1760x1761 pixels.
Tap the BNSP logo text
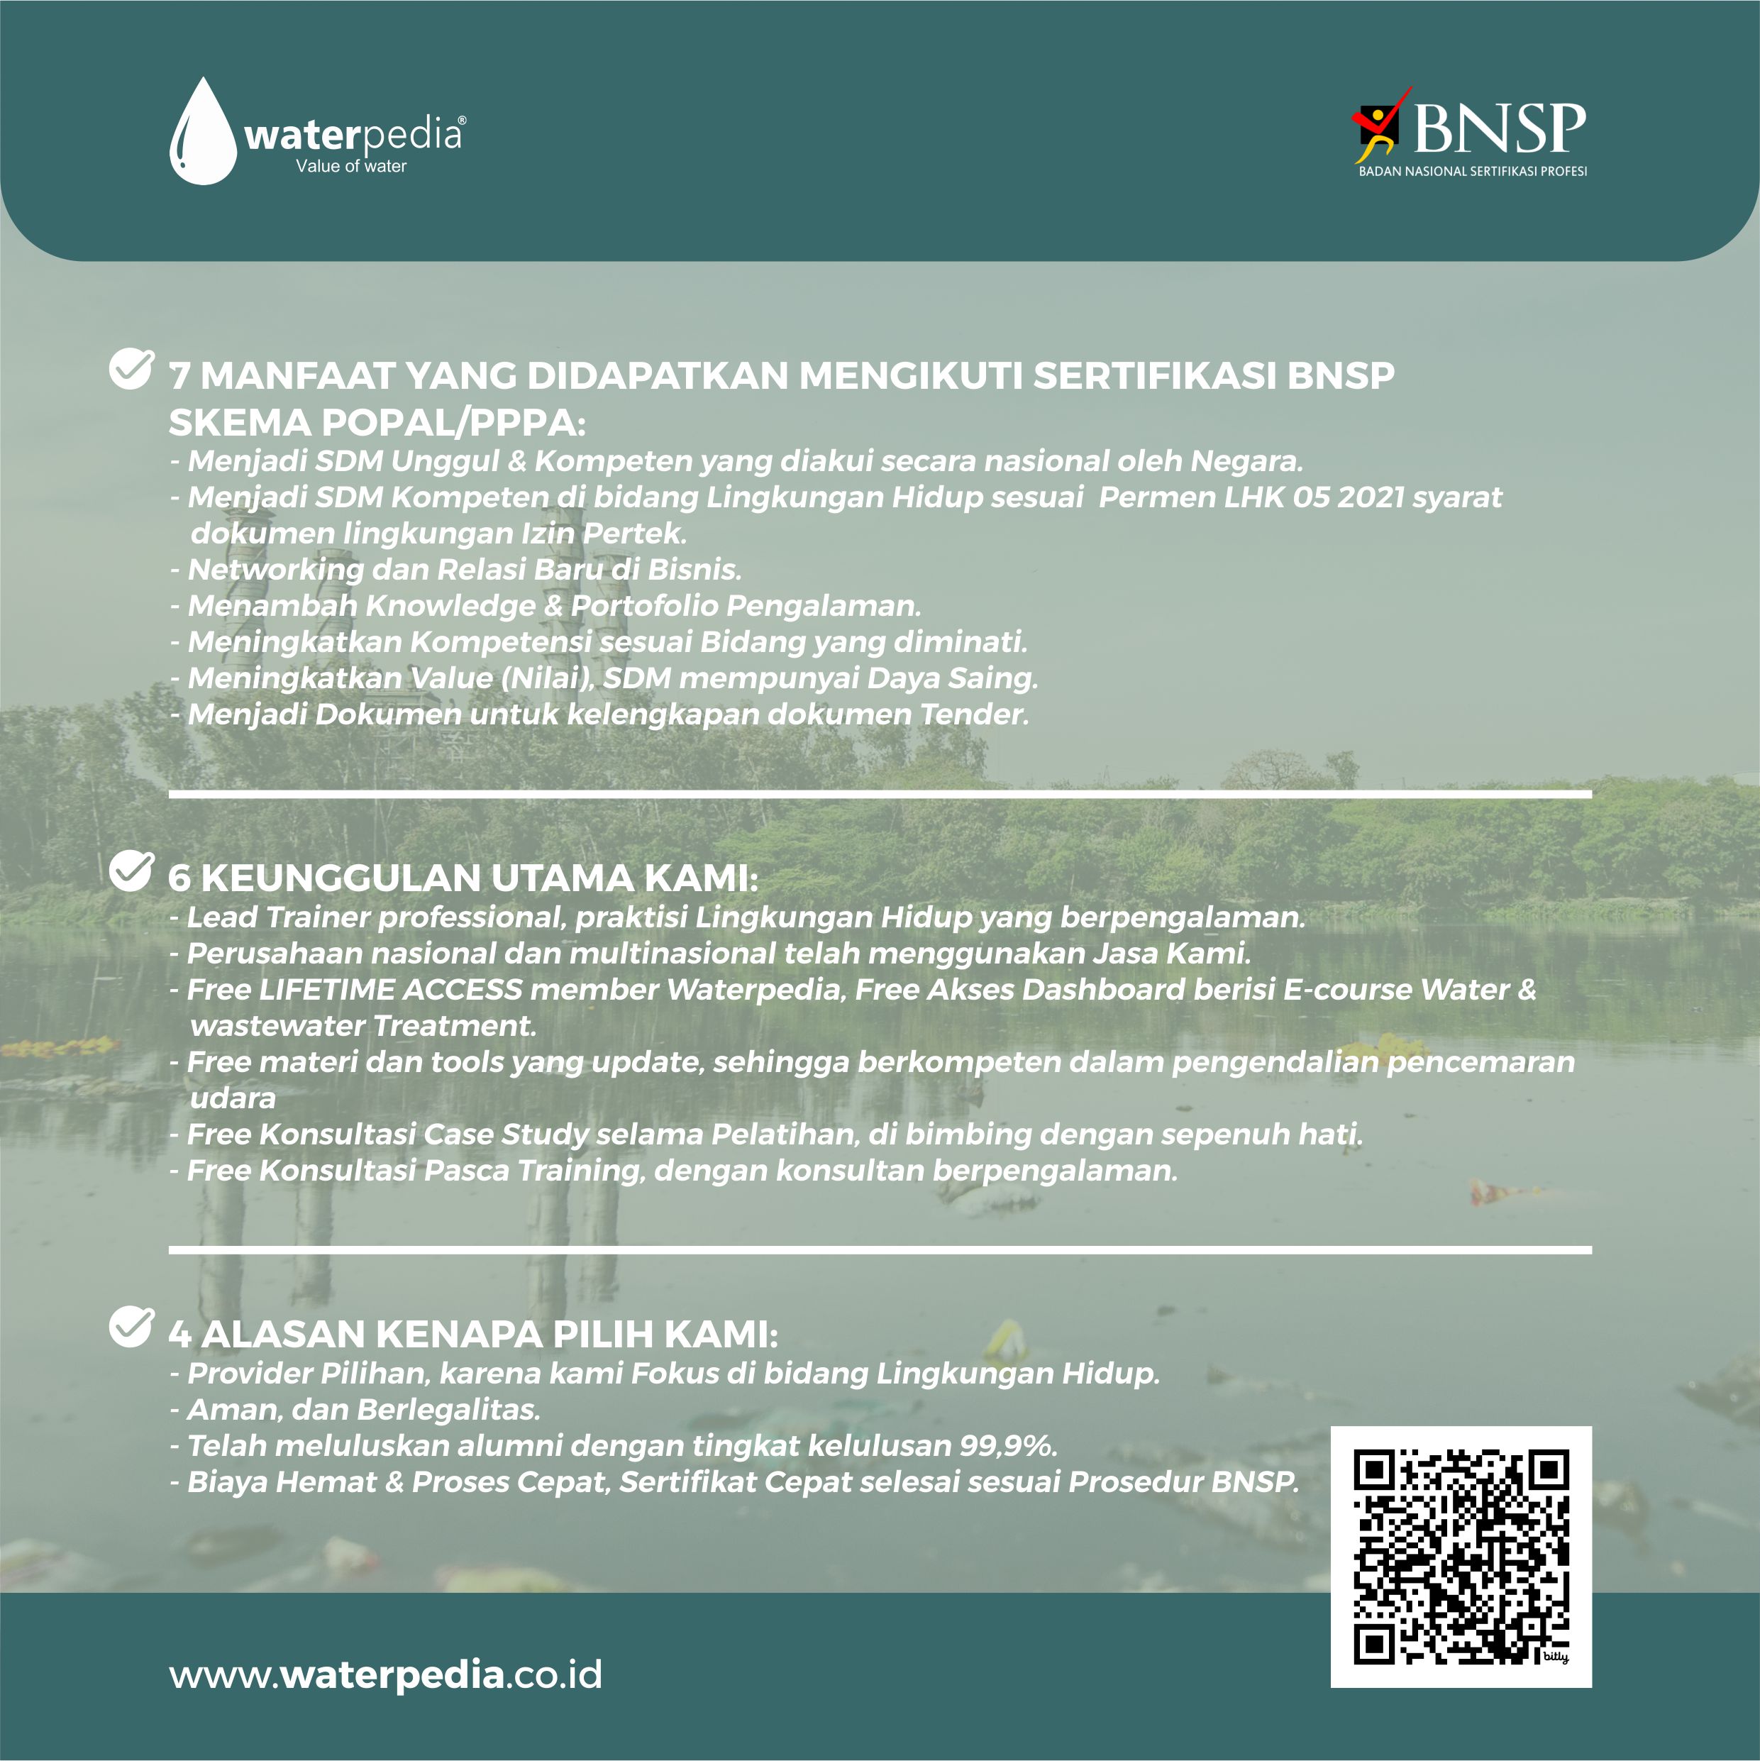click(1500, 128)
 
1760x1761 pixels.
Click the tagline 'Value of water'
click(351, 166)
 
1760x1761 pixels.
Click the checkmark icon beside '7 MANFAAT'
click(131, 368)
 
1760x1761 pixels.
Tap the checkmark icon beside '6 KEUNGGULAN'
click(131, 871)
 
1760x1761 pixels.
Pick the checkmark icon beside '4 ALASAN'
click(131, 1326)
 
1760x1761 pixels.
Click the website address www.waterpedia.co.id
click(385, 1675)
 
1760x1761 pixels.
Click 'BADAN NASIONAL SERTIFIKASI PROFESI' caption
click(1472, 172)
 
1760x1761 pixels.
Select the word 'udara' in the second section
click(233, 1098)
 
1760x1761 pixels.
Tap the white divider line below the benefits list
click(880, 795)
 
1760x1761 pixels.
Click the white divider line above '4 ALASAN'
click(880, 1251)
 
